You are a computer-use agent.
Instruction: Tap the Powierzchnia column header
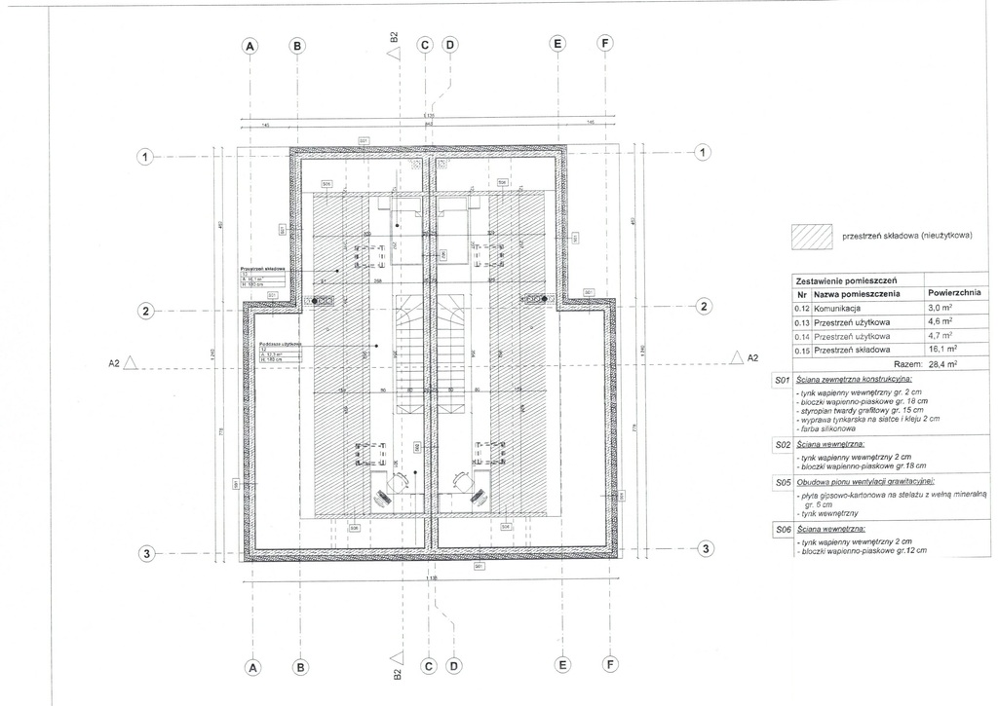954,293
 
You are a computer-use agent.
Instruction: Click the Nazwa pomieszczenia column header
858,293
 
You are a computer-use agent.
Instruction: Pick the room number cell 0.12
801,307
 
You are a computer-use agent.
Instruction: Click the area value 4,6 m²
941,320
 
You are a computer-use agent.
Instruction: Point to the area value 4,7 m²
941,334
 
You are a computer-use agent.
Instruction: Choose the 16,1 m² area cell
944,349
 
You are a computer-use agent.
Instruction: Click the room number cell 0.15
801,349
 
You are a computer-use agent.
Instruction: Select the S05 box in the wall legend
781,481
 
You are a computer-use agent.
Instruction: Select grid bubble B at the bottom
300,668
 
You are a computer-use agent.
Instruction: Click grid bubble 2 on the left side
145,311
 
